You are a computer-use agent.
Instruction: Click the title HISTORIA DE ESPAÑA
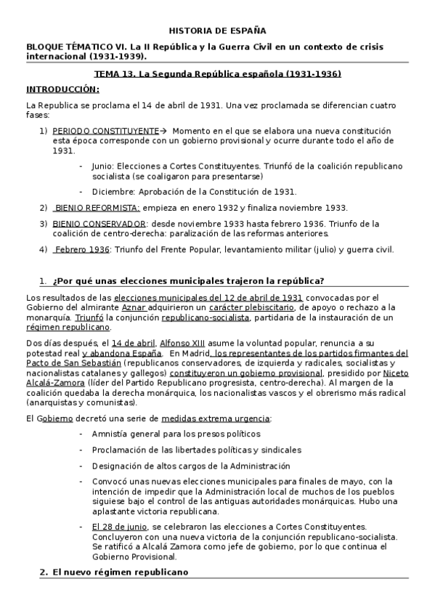[217, 31]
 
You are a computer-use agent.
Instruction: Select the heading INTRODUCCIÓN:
[62, 89]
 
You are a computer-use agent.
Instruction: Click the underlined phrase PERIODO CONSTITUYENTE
[105, 130]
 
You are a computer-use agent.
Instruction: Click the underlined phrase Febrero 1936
[81, 249]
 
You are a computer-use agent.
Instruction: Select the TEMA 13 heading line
[217, 74]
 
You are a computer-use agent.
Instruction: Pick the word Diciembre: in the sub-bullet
[111, 192]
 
